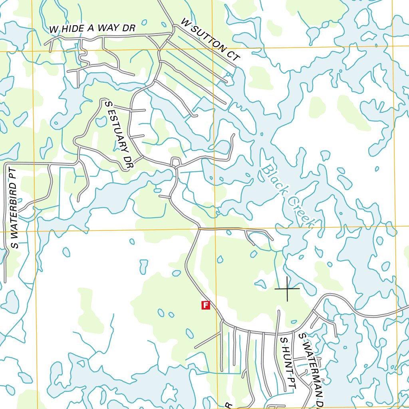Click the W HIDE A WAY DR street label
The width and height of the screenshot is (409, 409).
click(92, 28)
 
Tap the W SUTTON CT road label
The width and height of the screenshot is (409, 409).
click(210, 39)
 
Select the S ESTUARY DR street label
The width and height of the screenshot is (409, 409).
click(118, 135)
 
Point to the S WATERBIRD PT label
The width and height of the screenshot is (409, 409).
click(14, 208)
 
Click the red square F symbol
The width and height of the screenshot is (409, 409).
click(206, 305)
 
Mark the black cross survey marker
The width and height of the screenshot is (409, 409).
click(287, 288)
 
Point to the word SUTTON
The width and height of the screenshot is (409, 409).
click(210, 39)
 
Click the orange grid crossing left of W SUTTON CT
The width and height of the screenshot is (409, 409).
click(212, 50)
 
